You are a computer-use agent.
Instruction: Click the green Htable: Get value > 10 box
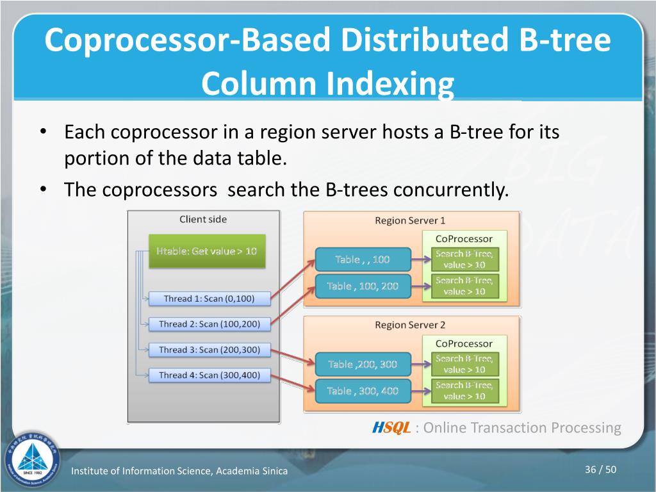(x=206, y=251)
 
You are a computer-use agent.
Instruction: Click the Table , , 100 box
(x=363, y=259)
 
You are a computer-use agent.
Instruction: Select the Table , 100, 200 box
(x=363, y=286)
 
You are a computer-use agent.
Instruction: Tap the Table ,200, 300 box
(x=363, y=365)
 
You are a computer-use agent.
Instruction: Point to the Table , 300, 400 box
(x=363, y=391)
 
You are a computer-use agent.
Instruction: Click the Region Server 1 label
(x=410, y=220)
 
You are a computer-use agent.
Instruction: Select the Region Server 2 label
(x=410, y=325)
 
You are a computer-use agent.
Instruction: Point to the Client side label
(x=203, y=219)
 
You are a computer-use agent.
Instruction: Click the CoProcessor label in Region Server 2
(x=464, y=343)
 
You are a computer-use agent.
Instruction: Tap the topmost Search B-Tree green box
(x=464, y=259)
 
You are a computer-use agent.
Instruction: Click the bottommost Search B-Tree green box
(x=464, y=391)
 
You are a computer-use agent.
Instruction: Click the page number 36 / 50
(x=600, y=470)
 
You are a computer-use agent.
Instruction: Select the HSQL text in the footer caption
(x=391, y=428)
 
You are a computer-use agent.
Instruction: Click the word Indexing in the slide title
(x=391, y=84)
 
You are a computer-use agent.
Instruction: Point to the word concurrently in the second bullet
(x=450, y=190)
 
